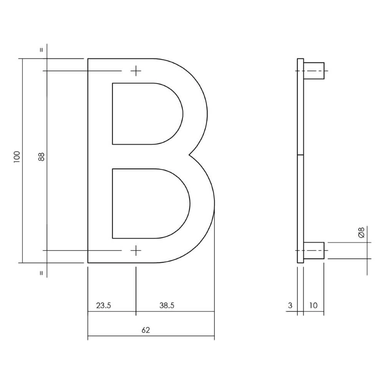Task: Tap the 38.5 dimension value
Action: coord(167,306)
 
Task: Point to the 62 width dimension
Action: coord(146,330)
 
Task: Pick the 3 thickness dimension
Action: coord(290,306)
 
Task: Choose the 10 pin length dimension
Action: coord(313,306)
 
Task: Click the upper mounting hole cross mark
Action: coord(136,71)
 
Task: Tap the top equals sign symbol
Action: coord(42,50)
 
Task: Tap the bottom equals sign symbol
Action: coord(42,273)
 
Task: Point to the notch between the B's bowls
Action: coord(190,155)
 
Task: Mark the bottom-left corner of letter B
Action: coord(88,263)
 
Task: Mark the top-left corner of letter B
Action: coord(88,59)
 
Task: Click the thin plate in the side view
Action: coord(300,161)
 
